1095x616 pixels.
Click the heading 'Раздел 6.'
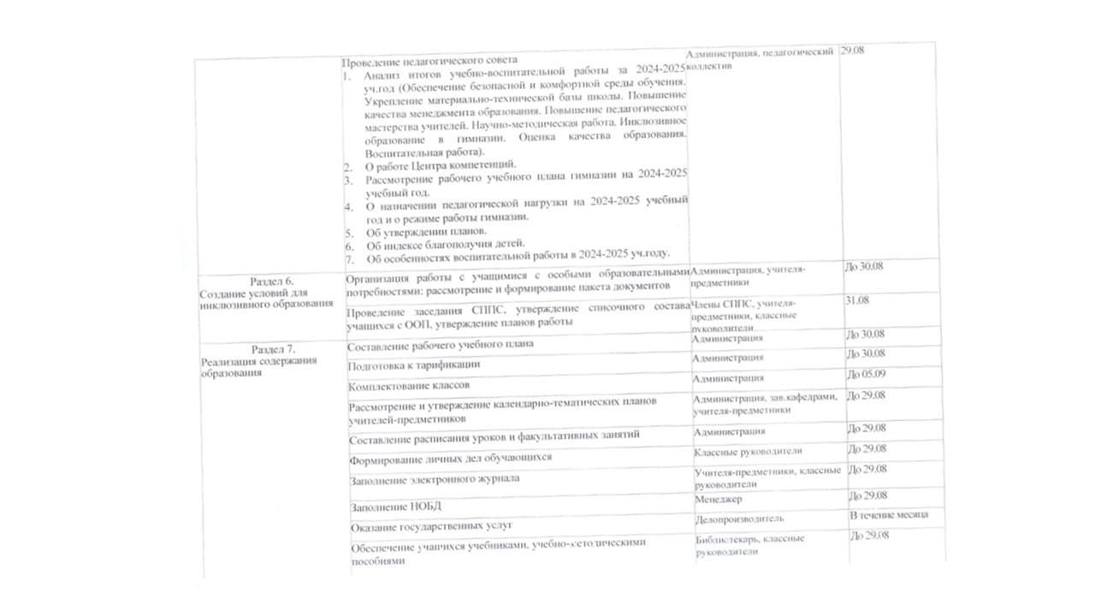[x=272, y=281]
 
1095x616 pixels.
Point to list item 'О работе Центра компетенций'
[x=441, y=164]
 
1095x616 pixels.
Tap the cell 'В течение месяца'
[x=888, y=515]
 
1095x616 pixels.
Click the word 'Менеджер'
[x=719, y=499]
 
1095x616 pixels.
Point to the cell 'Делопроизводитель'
[x=739, y=518]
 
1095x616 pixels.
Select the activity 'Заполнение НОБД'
[x=396, y=505]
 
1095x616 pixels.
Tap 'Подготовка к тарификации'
[x=413, y=364]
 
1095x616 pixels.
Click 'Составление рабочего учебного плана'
[x=441, y=344]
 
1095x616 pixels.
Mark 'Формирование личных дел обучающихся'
[x=450, y=458]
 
